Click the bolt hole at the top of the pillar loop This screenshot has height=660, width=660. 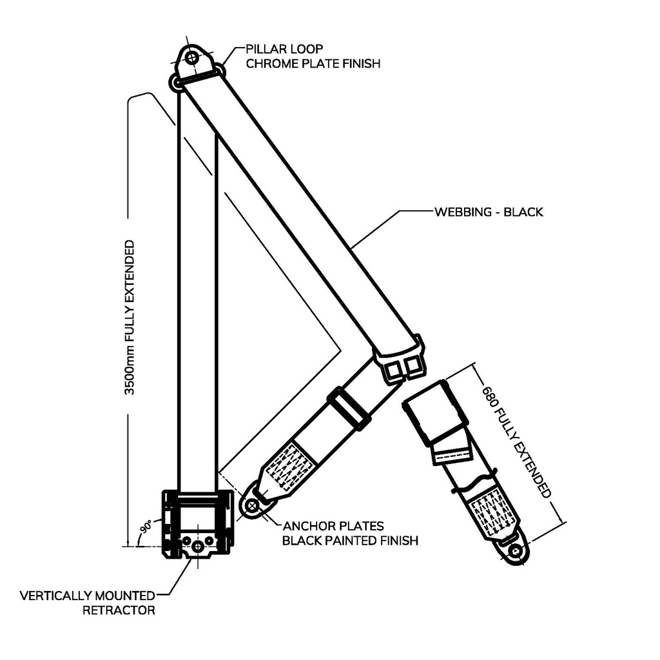coord(191,58)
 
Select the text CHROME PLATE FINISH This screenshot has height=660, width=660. coord(313,63)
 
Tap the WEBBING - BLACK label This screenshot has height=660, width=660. coord(489,211)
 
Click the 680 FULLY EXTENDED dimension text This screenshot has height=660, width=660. coord(516,442)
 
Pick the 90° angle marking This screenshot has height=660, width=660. coord(146,525)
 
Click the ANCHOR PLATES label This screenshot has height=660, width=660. coord(333,526)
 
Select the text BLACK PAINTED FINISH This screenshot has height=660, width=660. coord(350,540)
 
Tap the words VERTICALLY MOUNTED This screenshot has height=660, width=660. coord(88,595)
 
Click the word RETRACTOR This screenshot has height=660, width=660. coord(119,610)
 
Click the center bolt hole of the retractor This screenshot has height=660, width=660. coord(198,546)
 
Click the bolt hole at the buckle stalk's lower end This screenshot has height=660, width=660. coord(515,552)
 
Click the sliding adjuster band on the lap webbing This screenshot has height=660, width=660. coord(349,409)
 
